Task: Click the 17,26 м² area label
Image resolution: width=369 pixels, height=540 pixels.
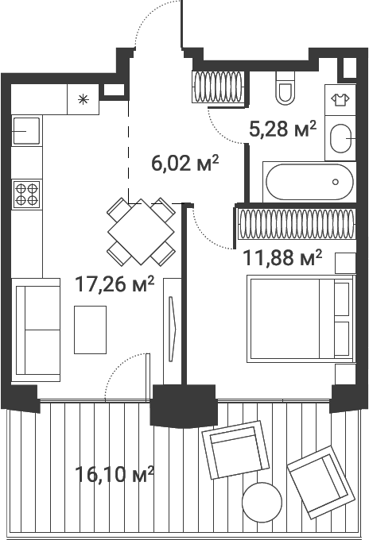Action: coord(115,283)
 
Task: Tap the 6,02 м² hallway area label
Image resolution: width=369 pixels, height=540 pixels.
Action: coord(185,163)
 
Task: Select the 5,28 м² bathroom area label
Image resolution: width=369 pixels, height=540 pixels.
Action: coord(282,129)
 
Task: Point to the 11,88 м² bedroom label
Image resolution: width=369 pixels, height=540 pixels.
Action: coord(282,257)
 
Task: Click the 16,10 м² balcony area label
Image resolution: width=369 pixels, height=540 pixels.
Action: coord(115,474)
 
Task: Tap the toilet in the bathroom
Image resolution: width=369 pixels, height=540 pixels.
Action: coord(285,88)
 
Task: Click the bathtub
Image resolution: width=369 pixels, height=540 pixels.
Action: coord(309,182)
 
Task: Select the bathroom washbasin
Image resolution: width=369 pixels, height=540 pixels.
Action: coord(340,138)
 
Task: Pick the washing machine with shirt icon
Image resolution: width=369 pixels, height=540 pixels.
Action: coord(340,100)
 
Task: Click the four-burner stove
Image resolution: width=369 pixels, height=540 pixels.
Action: coord(27,195)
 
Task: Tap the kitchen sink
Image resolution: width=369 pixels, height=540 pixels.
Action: coord(26,130)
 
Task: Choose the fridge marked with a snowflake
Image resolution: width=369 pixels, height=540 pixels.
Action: coord(84,99)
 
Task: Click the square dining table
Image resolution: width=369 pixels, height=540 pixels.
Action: coord(141,231)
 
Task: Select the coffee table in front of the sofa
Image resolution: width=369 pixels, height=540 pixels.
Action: coord(91,330)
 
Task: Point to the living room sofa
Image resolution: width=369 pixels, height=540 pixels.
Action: coord(36,330)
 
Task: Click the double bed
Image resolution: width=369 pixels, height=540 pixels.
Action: coord(301,318)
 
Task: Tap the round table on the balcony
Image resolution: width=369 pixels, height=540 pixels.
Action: coord(262,502)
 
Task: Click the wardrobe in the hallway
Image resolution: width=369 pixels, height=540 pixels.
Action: coord(218,87)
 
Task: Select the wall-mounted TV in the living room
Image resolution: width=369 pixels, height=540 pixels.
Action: coord(173,329)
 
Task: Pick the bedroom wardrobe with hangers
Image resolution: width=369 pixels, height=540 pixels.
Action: coord(297,224)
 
